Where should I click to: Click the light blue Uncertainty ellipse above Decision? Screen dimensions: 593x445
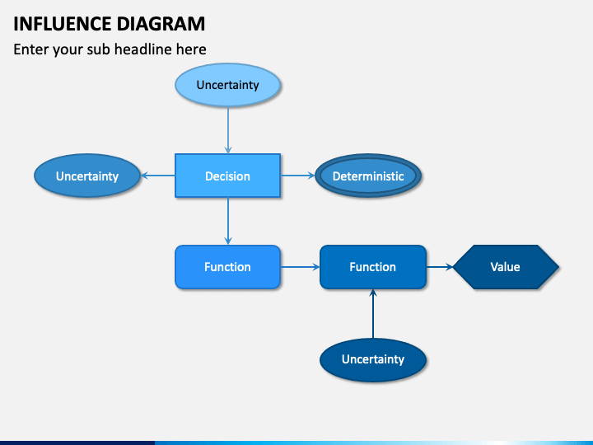tap(227, 85)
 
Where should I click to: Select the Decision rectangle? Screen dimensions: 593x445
tap(227, 176)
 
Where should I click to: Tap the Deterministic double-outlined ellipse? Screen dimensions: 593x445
tap(368, 176)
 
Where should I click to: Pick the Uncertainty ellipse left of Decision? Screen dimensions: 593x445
tap(87, 176)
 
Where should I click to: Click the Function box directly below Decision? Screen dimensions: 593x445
tap(227, 267)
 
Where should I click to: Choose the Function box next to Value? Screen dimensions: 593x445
tap(373, 267)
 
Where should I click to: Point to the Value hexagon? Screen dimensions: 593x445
tap(506, 267)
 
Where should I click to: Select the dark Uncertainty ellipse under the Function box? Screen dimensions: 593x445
tap(373, 359)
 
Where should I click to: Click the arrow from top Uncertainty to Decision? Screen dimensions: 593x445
tap(227, 130)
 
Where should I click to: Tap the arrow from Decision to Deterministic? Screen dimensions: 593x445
tap(297, 176)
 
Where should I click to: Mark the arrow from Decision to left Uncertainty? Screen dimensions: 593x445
tap(157, 176)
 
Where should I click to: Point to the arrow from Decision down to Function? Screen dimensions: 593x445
tap(227, 221)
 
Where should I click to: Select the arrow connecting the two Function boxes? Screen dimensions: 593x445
tap(301, 267)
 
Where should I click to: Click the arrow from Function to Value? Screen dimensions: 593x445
tap(440, 267)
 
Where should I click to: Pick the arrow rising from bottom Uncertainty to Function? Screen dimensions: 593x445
tap(373, 314)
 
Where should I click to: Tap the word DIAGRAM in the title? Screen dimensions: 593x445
tap(161, 24)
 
